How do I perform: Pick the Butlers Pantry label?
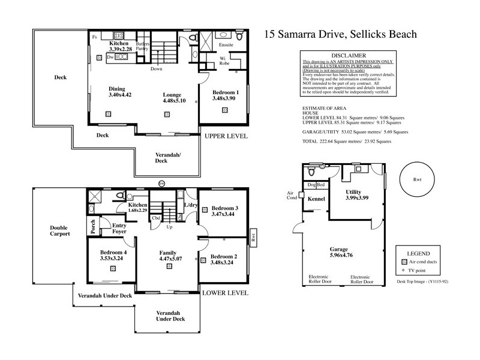tap(142, 47)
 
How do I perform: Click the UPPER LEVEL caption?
tap(226, 137)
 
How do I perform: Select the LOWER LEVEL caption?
tap(226, 293)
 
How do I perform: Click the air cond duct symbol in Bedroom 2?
tap(204, 260)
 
